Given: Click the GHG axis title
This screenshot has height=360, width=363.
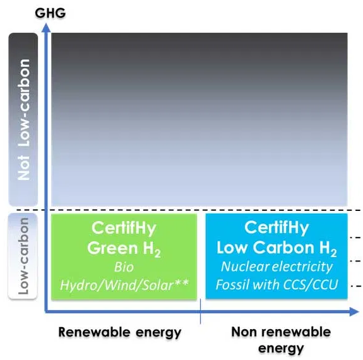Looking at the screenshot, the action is [51, 13].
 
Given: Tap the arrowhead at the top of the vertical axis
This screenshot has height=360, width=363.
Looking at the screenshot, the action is [47, 28].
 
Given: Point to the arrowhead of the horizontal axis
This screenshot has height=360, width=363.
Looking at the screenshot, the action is [354, 311].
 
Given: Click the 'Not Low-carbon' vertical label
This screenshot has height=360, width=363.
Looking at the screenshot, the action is [24, 119].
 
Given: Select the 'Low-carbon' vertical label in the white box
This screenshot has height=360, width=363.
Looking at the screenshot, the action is [23, 256].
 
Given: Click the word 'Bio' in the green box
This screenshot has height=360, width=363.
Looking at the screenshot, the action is [124, 267].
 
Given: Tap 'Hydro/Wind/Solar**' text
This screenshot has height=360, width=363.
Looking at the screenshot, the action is [124, 285].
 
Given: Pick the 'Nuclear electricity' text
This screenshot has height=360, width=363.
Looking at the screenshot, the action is [277, 267].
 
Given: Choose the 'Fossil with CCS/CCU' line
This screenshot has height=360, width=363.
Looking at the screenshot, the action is [277, 284].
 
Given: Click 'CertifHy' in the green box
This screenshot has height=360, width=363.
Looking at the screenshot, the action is [124, 228].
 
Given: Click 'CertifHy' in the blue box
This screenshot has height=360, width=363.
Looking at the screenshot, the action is [277, 227].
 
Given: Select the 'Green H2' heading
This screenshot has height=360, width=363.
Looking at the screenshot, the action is [124, 249].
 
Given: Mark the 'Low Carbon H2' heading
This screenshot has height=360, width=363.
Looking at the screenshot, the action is [277, 248].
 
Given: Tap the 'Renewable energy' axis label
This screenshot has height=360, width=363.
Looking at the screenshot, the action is [120, 332].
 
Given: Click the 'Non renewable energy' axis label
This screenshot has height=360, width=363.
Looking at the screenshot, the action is [281, 340].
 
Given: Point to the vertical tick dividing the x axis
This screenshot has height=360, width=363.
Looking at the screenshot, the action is [200, 311].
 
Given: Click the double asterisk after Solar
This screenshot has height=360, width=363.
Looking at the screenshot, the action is [181, 282].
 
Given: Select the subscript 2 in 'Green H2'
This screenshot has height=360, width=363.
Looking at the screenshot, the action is [158, 254].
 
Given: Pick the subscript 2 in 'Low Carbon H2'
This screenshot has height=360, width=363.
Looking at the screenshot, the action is [333, 253].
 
